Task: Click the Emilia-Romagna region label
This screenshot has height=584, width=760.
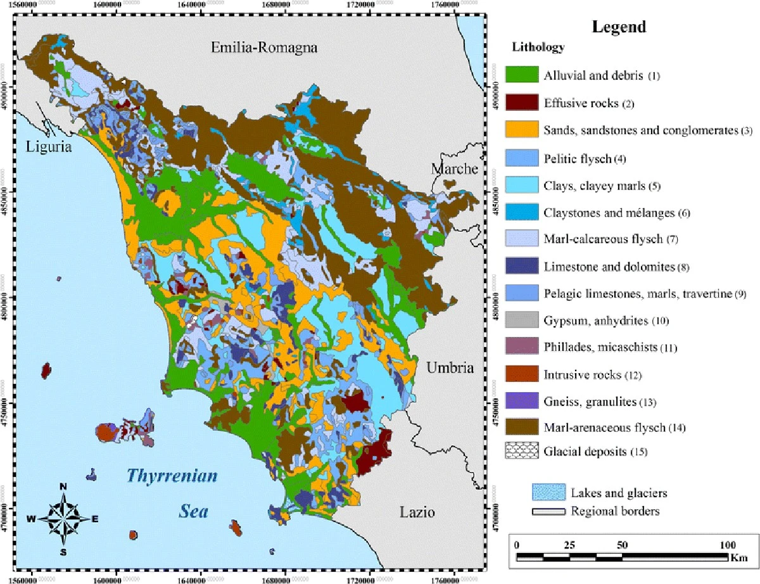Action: tap(263, 48)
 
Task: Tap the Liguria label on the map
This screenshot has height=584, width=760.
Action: tap(51, 147)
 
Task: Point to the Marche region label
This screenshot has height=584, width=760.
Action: tap(454, 169)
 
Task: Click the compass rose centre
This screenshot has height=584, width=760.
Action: tap(63, 519)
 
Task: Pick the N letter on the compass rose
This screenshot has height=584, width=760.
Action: tap(63, 486)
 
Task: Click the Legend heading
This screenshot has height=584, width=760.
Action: tap(619, 27)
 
